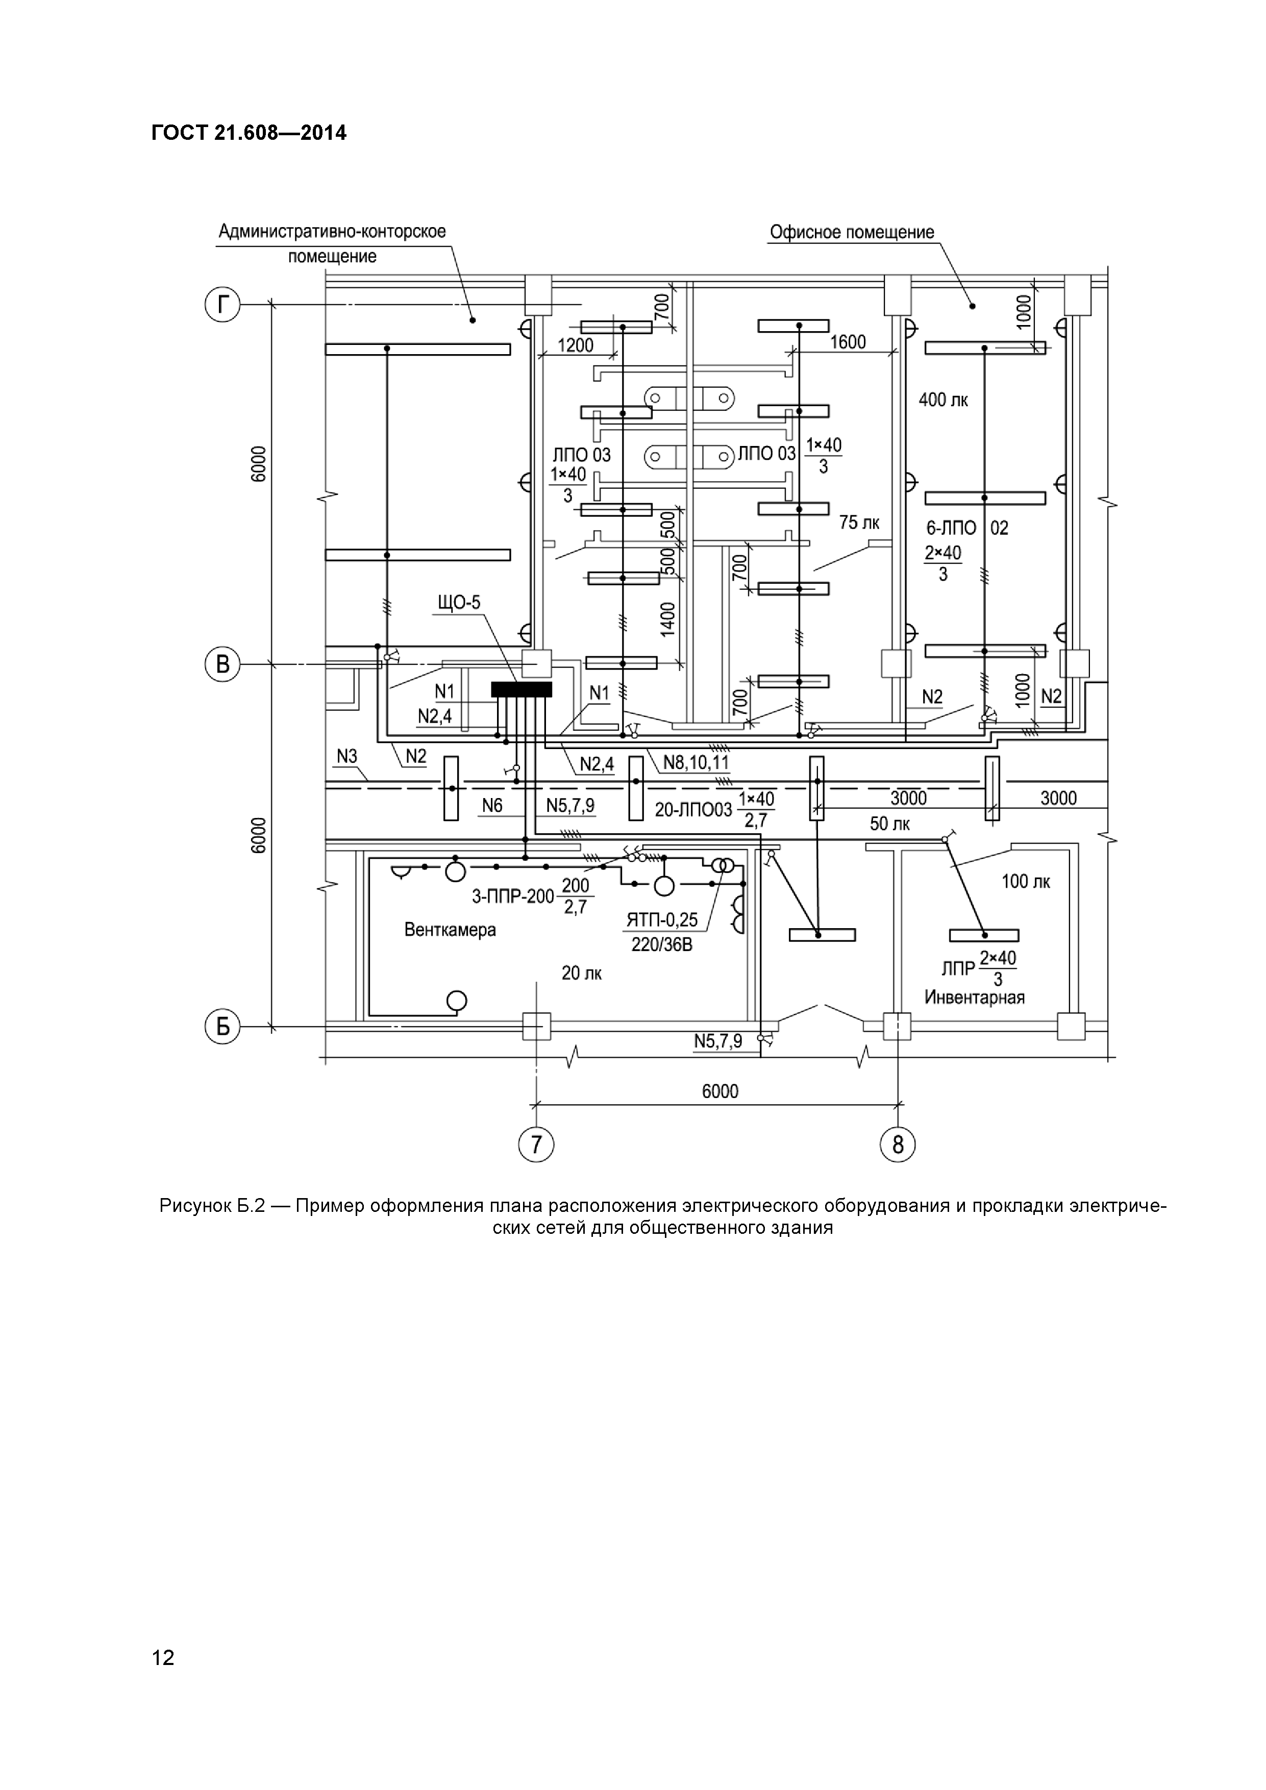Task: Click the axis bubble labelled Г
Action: [x=223, y=305]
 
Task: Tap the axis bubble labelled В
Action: [x=223, y=665]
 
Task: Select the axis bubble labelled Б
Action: [x=223, y=1028]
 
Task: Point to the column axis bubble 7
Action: [x=536, y=1145]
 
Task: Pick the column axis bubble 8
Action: [x=898, y=1145]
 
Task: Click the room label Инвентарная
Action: [x=975, y=997]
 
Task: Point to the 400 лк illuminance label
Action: [x=944, y=400]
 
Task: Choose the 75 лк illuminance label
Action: [x=859, y=523]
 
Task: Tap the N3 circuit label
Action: [x=347, y=756]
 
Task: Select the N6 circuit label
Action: [x=492, y=805]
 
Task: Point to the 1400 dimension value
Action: [x=668, y=620]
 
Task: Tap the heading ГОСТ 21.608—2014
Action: [x=249, y=133]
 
